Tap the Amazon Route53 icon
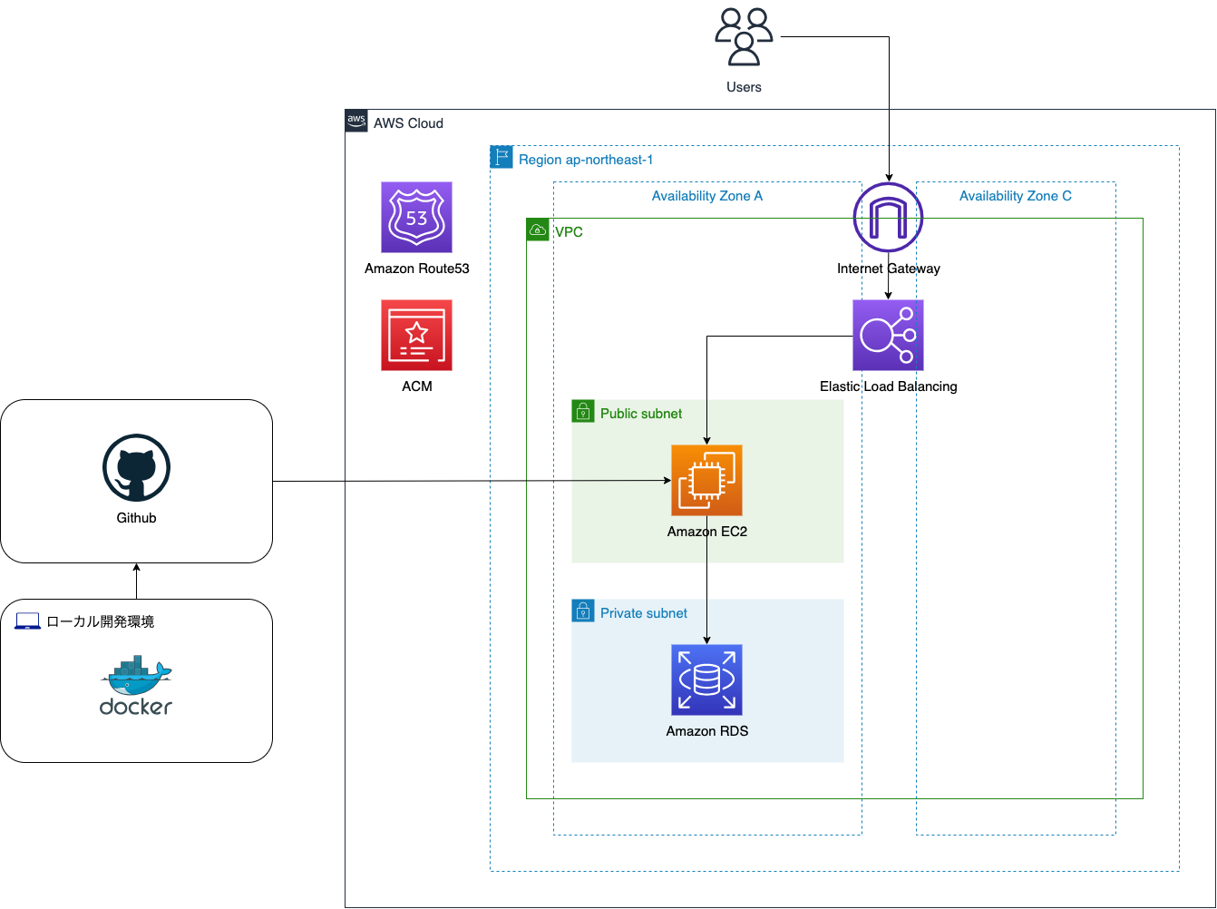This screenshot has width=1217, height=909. tap(416, 217)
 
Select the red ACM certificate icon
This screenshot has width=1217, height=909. tap(416, 335)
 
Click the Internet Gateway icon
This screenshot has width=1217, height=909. tap(888, 217)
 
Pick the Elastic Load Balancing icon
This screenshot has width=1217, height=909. tap(888, 335)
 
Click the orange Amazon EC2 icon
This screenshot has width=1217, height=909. tap(706, 480)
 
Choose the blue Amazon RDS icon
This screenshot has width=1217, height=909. tap(706, 679)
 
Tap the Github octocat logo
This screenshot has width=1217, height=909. tap(136, 467)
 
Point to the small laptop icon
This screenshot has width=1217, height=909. tap(28, 621)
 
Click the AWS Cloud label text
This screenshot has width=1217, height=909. tap(408, 123)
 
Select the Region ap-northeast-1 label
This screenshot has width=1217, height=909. tap(586, 160)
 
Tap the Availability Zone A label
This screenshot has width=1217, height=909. tap(707, 196)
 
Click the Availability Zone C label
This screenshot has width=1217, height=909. tap(1015, 196)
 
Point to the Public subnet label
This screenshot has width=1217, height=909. tap(641, 414)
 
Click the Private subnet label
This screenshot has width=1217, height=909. tap(644, 613)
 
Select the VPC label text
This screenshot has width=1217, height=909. tap(570, 232)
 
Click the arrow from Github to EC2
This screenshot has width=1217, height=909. tap(472, 481)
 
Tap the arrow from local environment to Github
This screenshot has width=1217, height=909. tap(136, 581)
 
